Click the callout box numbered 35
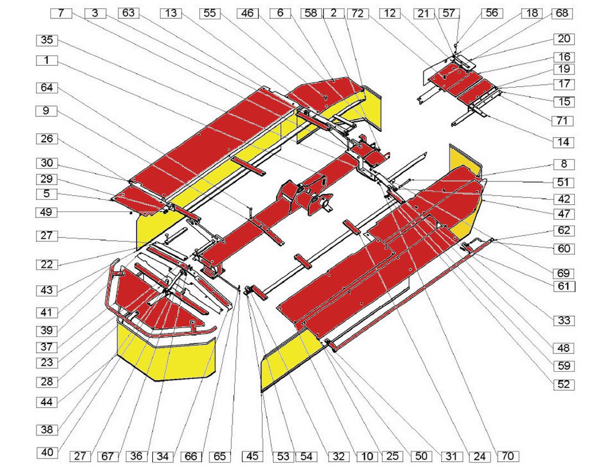coord(47,40)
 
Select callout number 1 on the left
coord(47,60)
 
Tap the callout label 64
coord(47,88)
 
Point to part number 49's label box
coord(47,212)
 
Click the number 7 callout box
coord(61,13)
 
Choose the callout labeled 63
coord(128,13)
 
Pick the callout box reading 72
coord(357,14)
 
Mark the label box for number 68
coord(562,13)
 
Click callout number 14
coord(564,142)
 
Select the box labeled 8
coord(564,164)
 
